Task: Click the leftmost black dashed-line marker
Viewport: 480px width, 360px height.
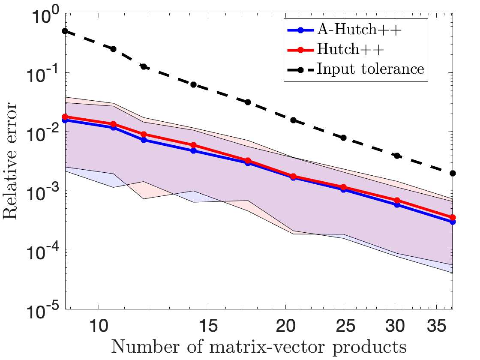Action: pyautogui.click(x=65, y=31)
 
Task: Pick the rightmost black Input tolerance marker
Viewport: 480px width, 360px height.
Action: pyautogui.click(x=453, y=173)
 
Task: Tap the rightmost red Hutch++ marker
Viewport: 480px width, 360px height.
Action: pyautogui.click(x=453, y=218)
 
